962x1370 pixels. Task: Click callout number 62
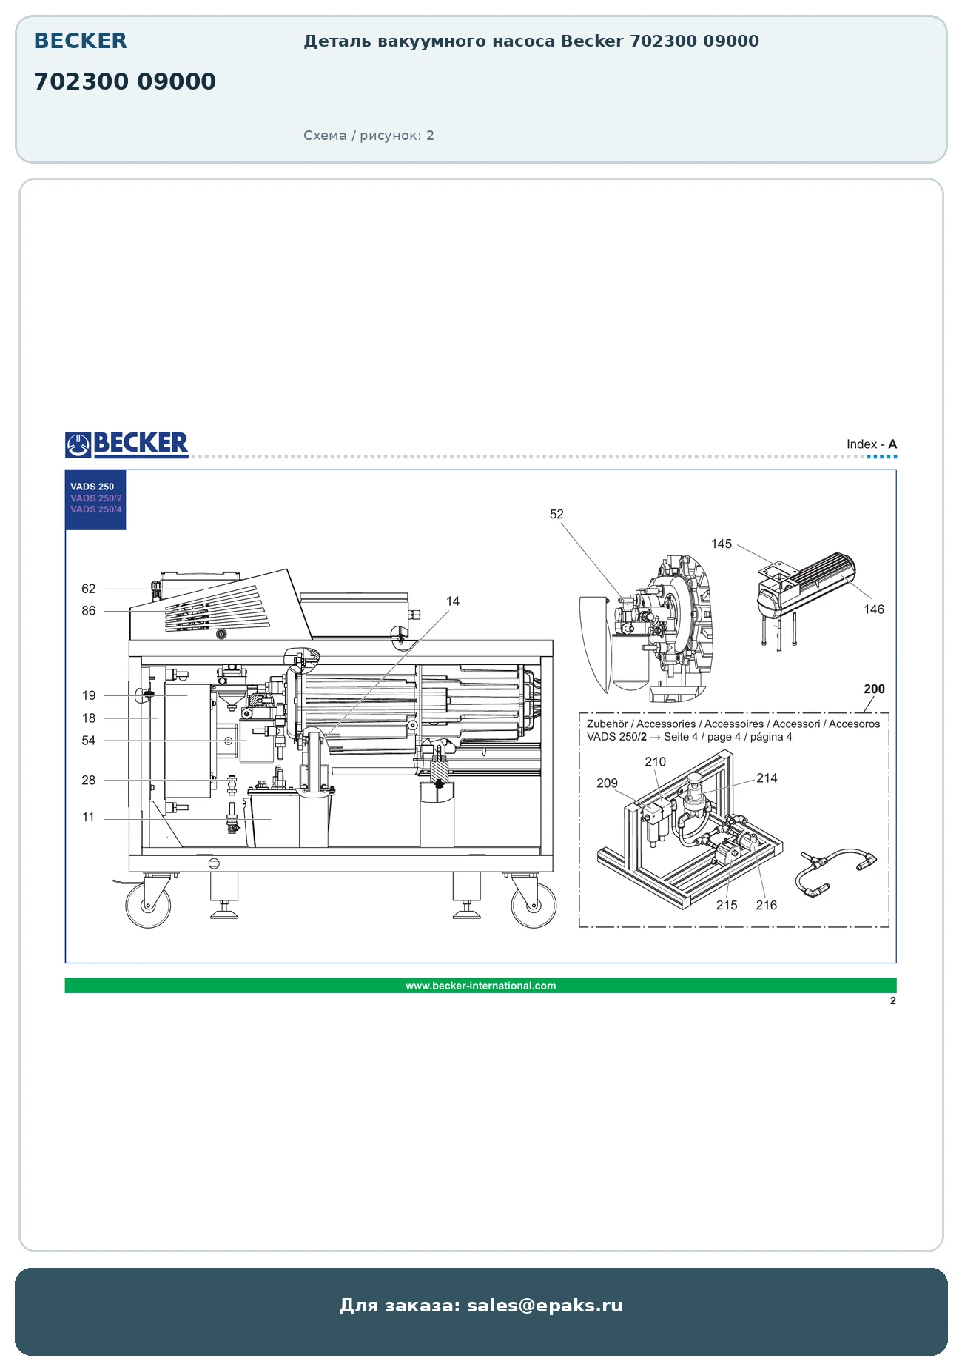89,589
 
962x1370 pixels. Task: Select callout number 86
89,611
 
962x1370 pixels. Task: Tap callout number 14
453,601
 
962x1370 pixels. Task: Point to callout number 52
556,514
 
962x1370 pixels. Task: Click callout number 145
721,544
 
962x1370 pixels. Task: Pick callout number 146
874,609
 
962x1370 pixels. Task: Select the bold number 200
875,689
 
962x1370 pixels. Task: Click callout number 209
607,783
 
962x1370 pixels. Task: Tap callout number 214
767,778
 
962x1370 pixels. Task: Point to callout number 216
767,905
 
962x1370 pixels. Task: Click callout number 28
89,780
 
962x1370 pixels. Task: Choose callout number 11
89,817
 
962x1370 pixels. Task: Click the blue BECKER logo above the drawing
127,444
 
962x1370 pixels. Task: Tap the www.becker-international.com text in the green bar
480,986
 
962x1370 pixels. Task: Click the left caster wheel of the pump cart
148,905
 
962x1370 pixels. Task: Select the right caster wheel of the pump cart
534,905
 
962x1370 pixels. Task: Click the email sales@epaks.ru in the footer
545,1305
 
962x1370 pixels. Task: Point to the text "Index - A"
872,444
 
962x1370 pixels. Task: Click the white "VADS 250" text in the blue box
92,487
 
